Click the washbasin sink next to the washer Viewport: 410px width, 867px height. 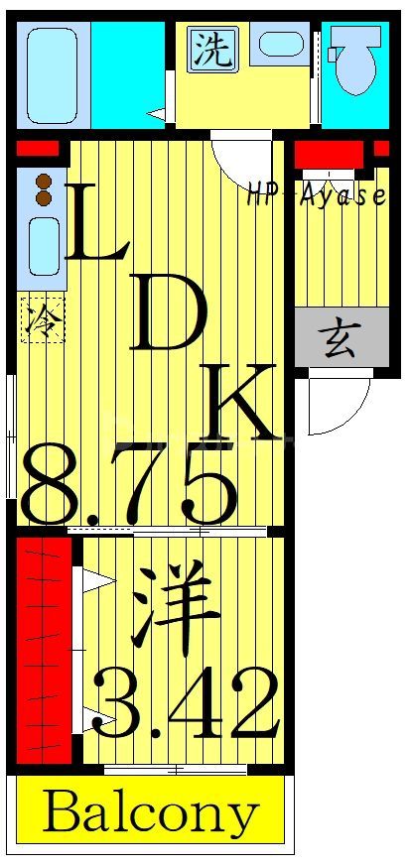coord(280,45)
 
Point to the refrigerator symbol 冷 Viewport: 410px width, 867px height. coord(42,319)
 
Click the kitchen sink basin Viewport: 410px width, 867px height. coord(42,244)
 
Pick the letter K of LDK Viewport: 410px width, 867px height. coord(238,403)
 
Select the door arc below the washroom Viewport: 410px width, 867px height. coord(238,159)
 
